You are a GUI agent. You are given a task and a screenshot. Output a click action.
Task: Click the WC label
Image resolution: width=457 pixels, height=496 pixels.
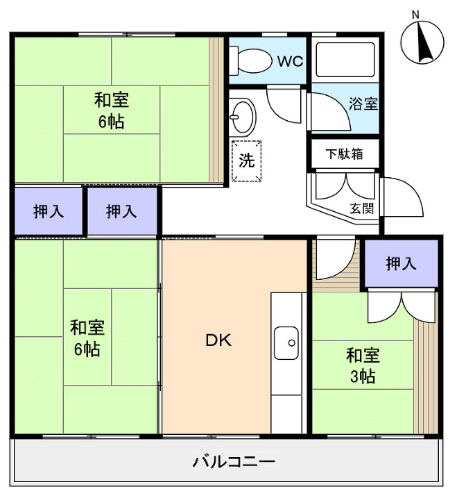click(291, 61)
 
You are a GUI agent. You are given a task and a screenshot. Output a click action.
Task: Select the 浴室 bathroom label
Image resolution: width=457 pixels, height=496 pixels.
click(363, 104)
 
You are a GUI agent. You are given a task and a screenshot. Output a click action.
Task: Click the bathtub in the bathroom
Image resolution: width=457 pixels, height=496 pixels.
click(345, 60)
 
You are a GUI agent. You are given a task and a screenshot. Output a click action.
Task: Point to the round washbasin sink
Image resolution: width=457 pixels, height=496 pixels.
click(243, 116)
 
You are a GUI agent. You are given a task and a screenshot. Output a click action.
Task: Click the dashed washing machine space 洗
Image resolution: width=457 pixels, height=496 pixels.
click(246, 160)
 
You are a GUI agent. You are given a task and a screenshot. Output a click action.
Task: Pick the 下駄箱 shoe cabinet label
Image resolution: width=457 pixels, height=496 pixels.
click(345, 154)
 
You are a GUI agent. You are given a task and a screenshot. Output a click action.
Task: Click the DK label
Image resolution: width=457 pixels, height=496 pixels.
click(216, 340)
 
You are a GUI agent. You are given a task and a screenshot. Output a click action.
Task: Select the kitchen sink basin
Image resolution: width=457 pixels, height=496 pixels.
click(287, 342)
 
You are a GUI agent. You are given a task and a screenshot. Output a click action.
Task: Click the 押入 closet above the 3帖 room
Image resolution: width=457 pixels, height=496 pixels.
click(401, 263)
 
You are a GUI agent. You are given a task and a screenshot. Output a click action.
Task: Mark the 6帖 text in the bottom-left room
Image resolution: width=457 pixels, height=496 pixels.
click(87, 349)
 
